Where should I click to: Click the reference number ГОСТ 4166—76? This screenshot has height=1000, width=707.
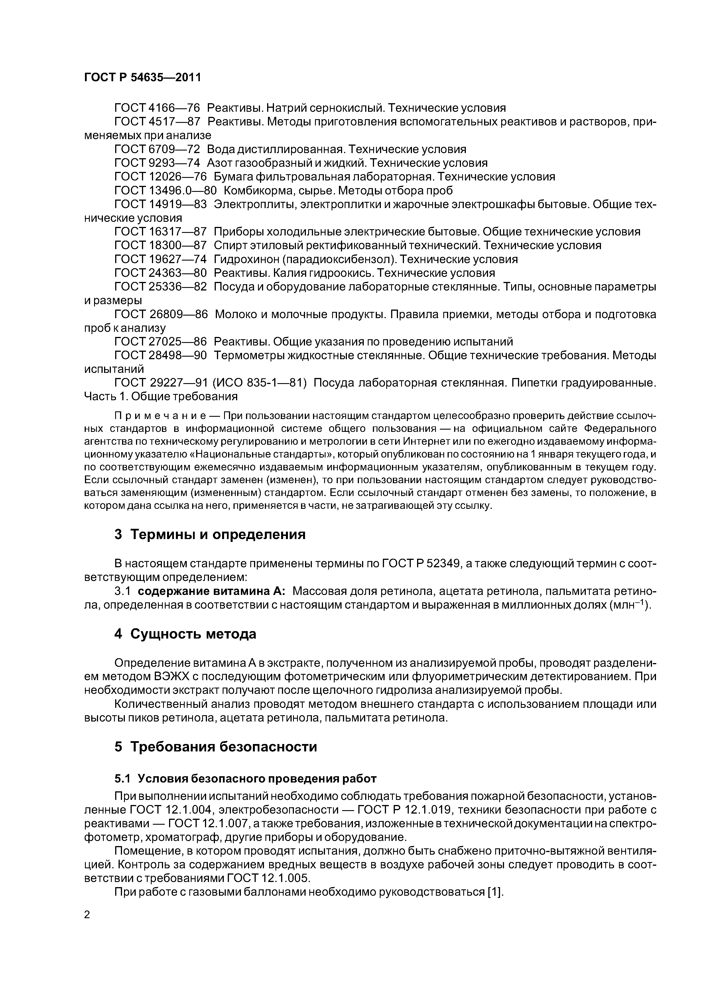(x=157, y=108)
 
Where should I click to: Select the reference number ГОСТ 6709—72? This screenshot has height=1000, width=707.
(x=157, y=149)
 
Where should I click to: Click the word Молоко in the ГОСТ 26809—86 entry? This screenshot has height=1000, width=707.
(x=236, y=314)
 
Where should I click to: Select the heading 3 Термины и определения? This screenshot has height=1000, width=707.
(x=210, y=534)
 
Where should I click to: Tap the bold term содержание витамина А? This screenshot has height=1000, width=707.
(x=212, y=592)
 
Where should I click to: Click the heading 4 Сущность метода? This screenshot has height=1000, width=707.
(x=185, y=634)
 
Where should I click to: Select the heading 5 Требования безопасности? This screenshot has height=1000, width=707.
(x=216, y=747)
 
